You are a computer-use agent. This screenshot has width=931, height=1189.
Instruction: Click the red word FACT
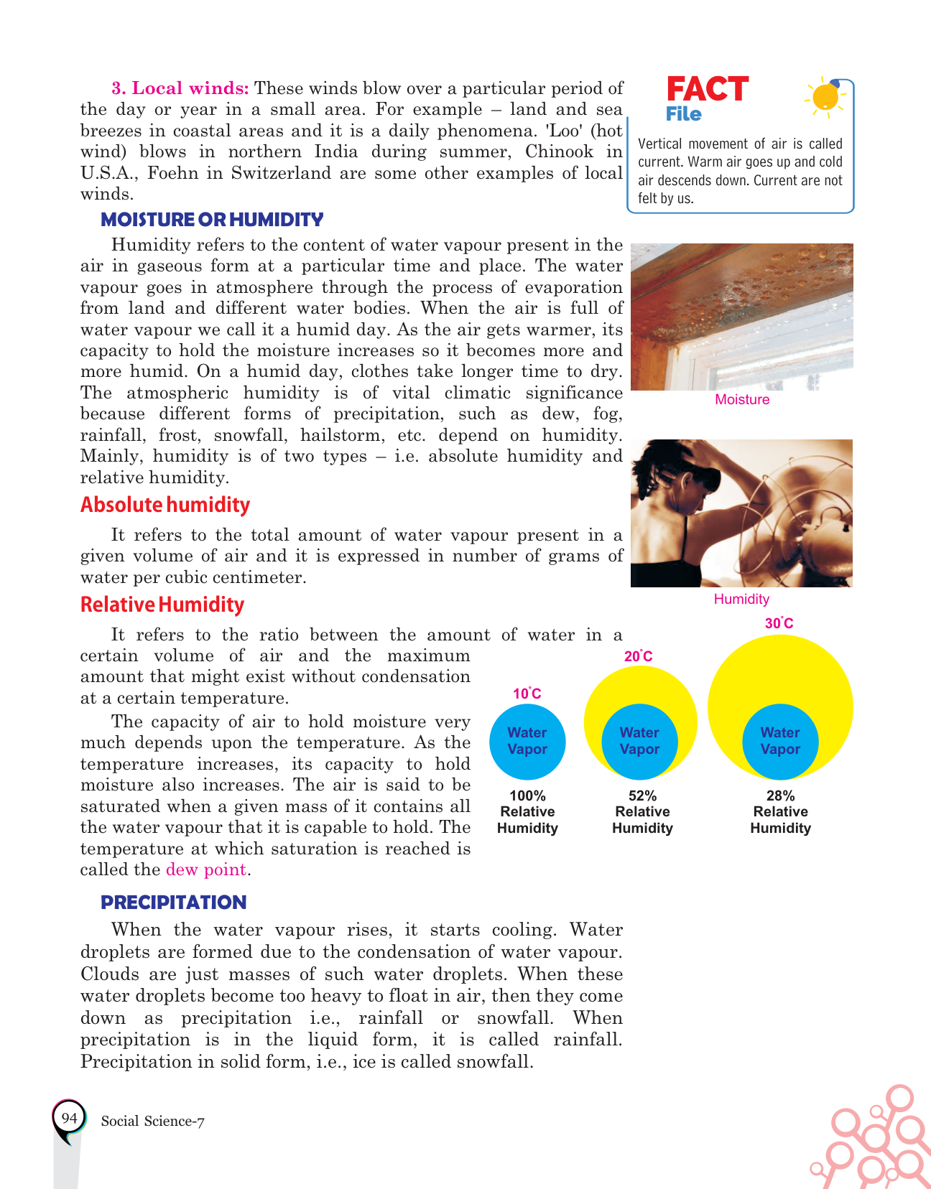[707, 90]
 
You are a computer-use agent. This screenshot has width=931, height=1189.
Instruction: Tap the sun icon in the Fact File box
[825, 96]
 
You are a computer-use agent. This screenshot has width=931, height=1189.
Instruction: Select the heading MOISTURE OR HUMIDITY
[212, 220]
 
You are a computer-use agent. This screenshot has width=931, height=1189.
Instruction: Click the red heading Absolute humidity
[165, 505]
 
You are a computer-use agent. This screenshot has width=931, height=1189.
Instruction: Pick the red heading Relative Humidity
[162, 605]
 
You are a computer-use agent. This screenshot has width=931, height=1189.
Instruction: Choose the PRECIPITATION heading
[173, 903]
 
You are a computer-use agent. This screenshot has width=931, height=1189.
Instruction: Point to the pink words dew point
[206, 869]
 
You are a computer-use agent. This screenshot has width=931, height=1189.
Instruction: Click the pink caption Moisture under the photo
[742, 400]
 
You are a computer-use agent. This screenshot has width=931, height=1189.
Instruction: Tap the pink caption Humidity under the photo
[741, 600]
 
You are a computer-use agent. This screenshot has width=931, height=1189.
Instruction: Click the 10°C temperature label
[527, 694]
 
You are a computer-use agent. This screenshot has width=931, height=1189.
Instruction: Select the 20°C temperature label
[638, 656]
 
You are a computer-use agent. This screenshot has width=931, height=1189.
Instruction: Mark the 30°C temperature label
[779, 623]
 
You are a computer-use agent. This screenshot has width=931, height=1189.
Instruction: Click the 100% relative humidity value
[527, 796]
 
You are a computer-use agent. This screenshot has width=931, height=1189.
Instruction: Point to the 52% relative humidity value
[642, 796]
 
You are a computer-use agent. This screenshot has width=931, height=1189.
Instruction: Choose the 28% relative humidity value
[780, 796]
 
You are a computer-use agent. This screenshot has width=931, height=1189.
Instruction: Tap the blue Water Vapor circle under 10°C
[527, 741]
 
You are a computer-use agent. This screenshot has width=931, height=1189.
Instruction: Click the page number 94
[69, 1118]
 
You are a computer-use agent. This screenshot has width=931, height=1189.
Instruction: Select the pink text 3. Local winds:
[180, 88]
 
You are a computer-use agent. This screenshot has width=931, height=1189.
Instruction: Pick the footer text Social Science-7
[153, 1122]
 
